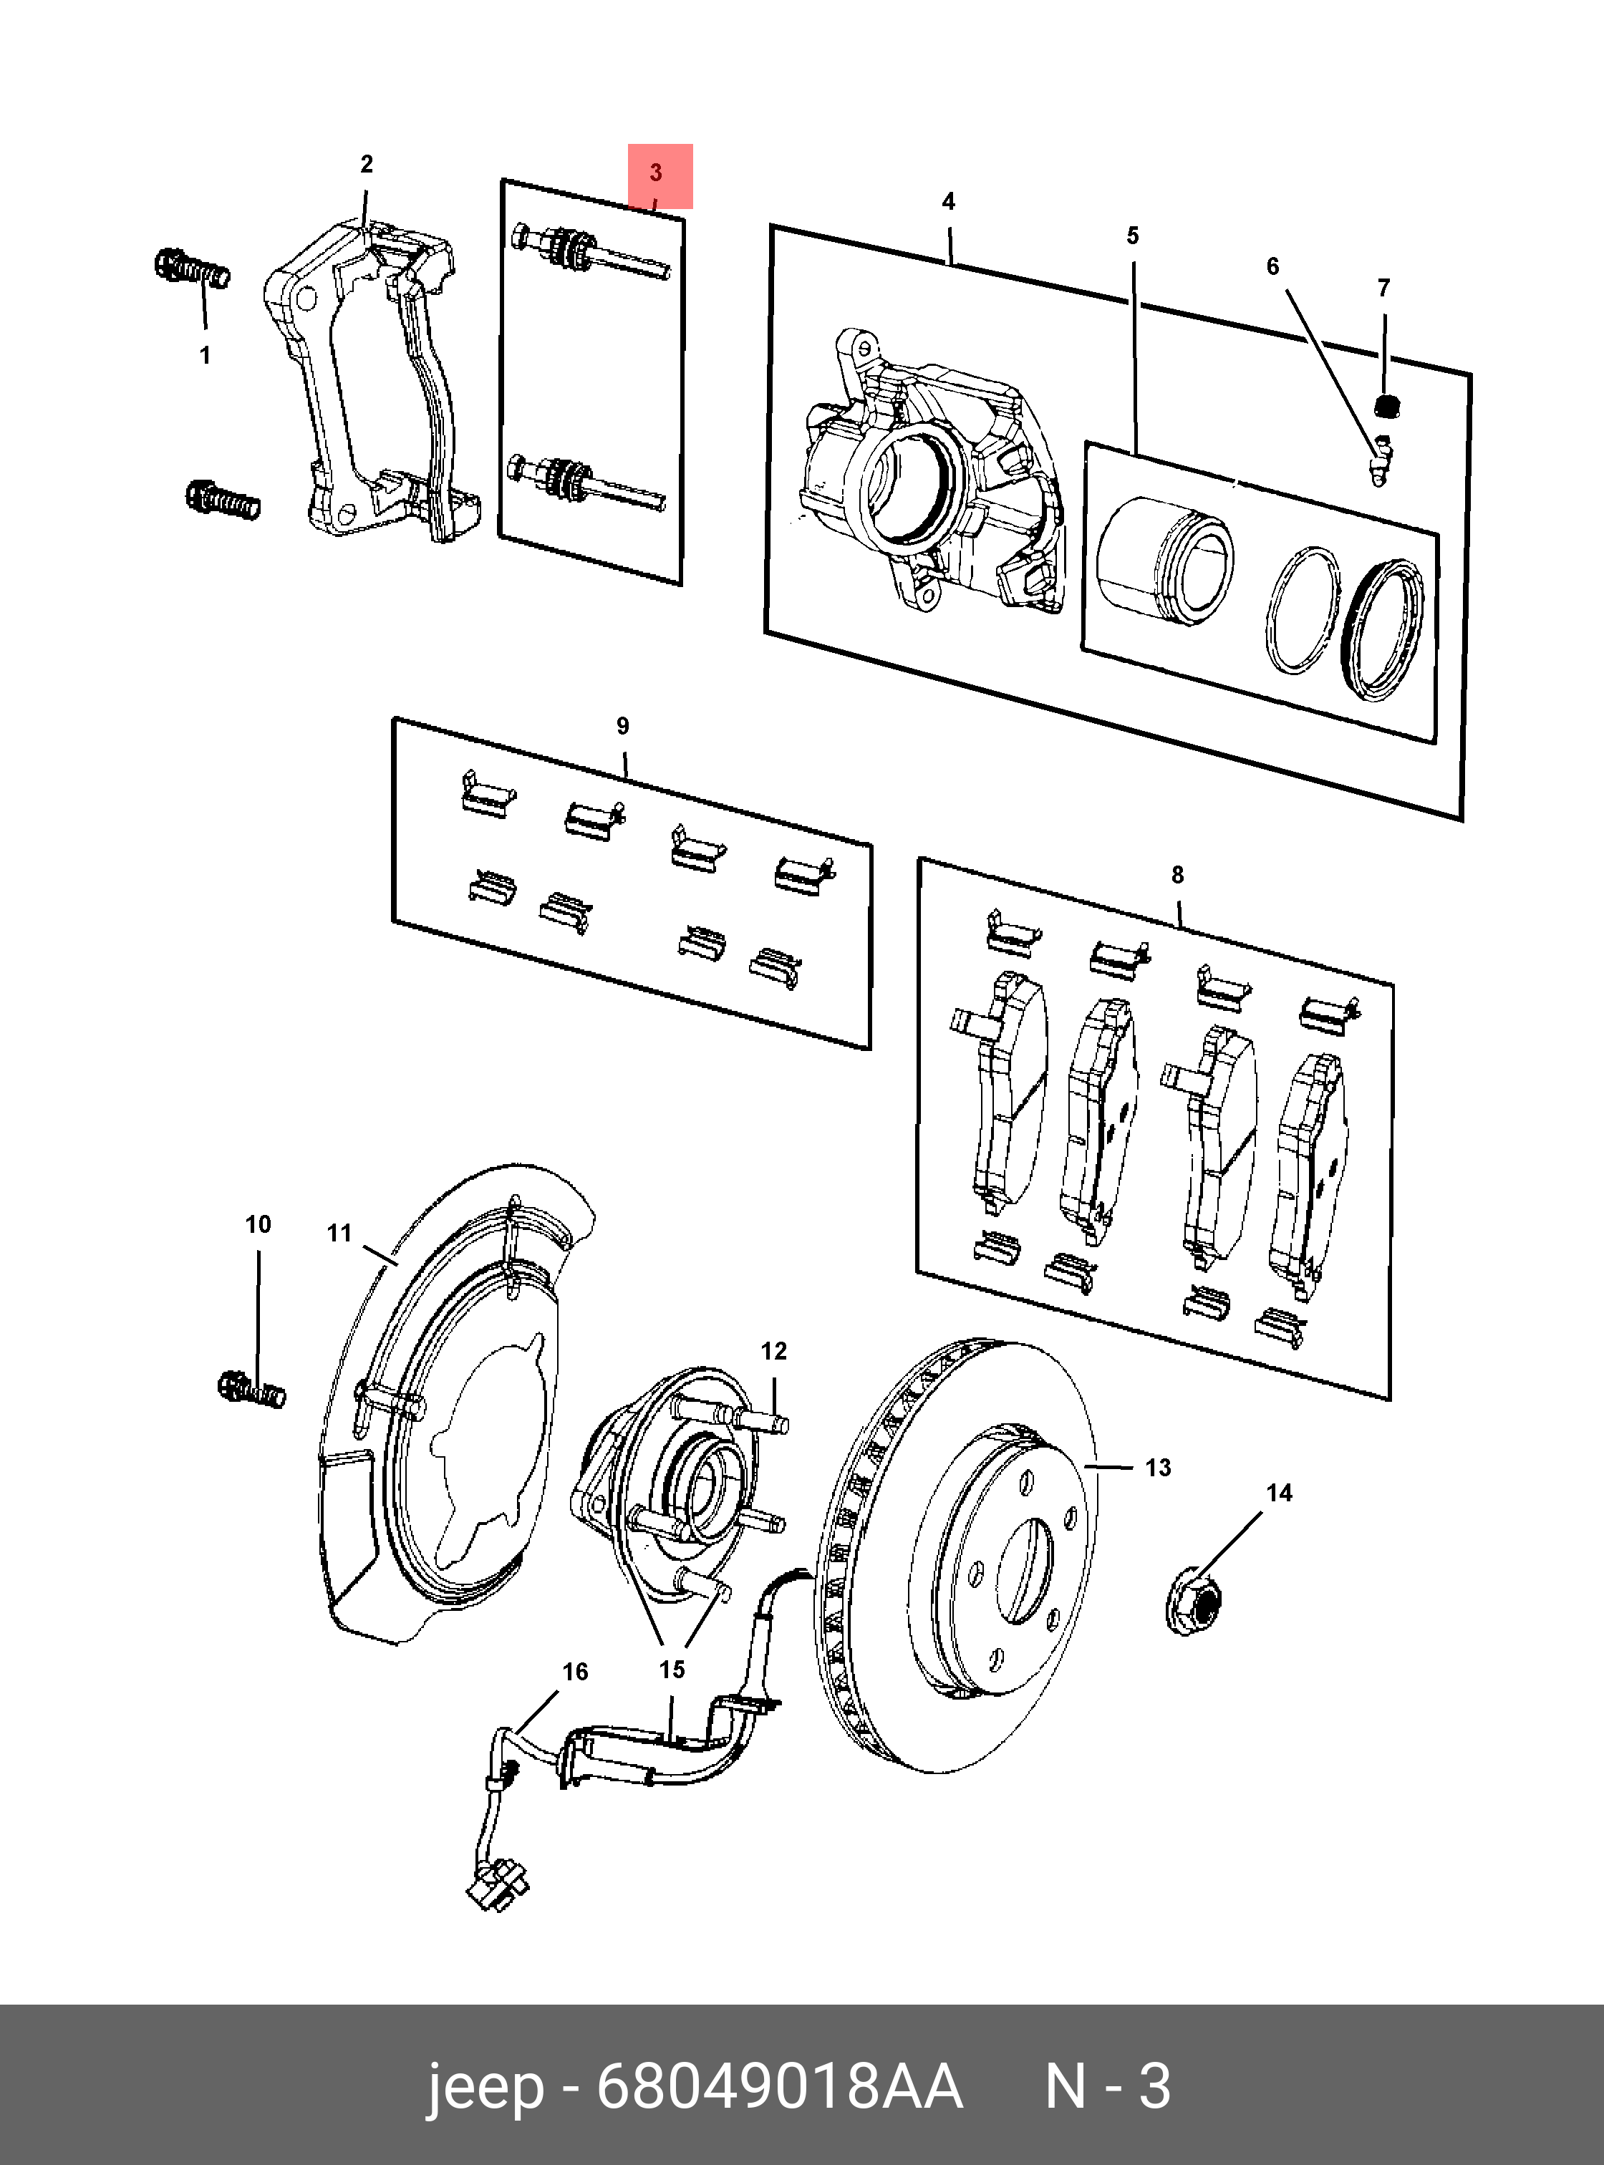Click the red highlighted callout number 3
[657, 174]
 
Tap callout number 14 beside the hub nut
[1279, 1493]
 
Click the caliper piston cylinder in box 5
[1165, 558]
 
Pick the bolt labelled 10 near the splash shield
[251, 1390]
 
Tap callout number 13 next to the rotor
[1157, 1467]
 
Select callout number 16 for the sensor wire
[575, 1672]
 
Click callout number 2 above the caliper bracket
[366, 164]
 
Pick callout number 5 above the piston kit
[1132, 236]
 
